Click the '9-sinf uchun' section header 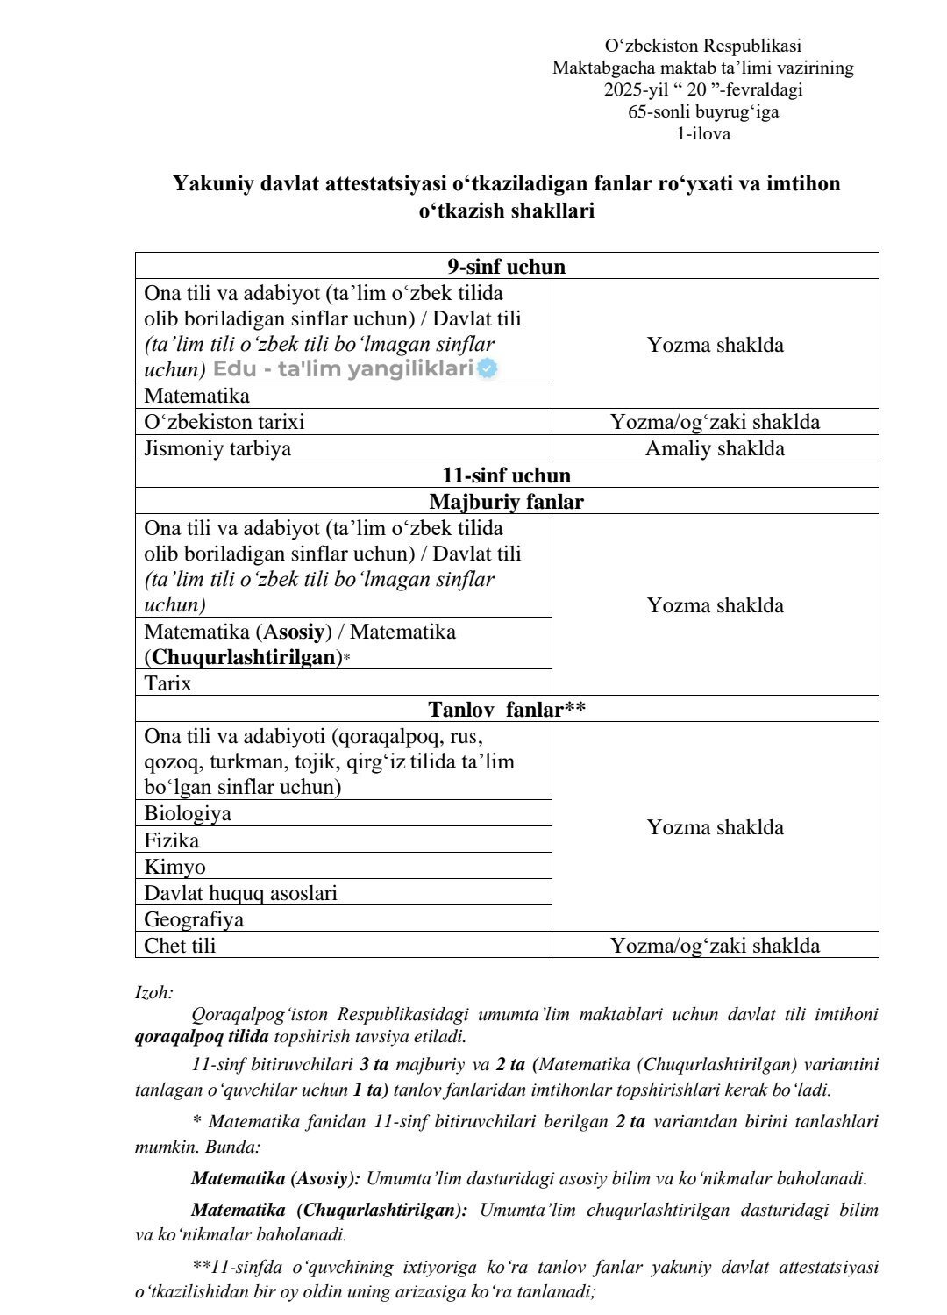click(x=506, y=267)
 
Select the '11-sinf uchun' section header click(x=506, y=475)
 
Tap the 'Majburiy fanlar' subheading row click(x=506, y=502)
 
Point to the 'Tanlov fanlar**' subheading click(x=506, y=710)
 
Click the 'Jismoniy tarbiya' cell click(x=217, y=448)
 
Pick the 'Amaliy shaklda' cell click(x=715, y=448)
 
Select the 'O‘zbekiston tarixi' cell click(x=224, y=422)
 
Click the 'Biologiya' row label click(x=188, y=813)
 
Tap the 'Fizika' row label click(x=172, y=840)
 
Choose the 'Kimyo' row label click(x=175, y=867)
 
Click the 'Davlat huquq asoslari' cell click(x=240, y=893)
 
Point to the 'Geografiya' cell click(x=194, y=919)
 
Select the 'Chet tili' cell click(x=180, y=946)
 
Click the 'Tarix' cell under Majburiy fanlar click(x=167, y=683)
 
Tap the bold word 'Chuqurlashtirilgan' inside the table click(x=244, y=657)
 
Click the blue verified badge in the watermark click(x=488, y=369)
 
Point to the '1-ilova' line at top click(x=702, y=134)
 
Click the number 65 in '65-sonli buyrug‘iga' click(x=637, y=112)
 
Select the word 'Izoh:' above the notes click(x=154, y=993)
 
